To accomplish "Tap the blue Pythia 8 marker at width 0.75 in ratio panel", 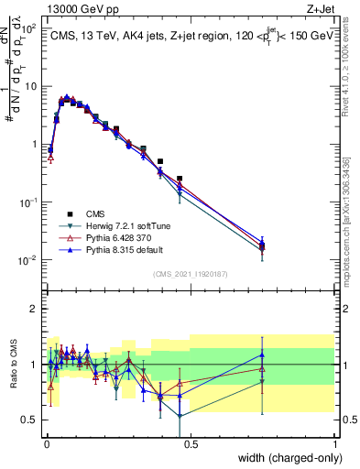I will point(262,354).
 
